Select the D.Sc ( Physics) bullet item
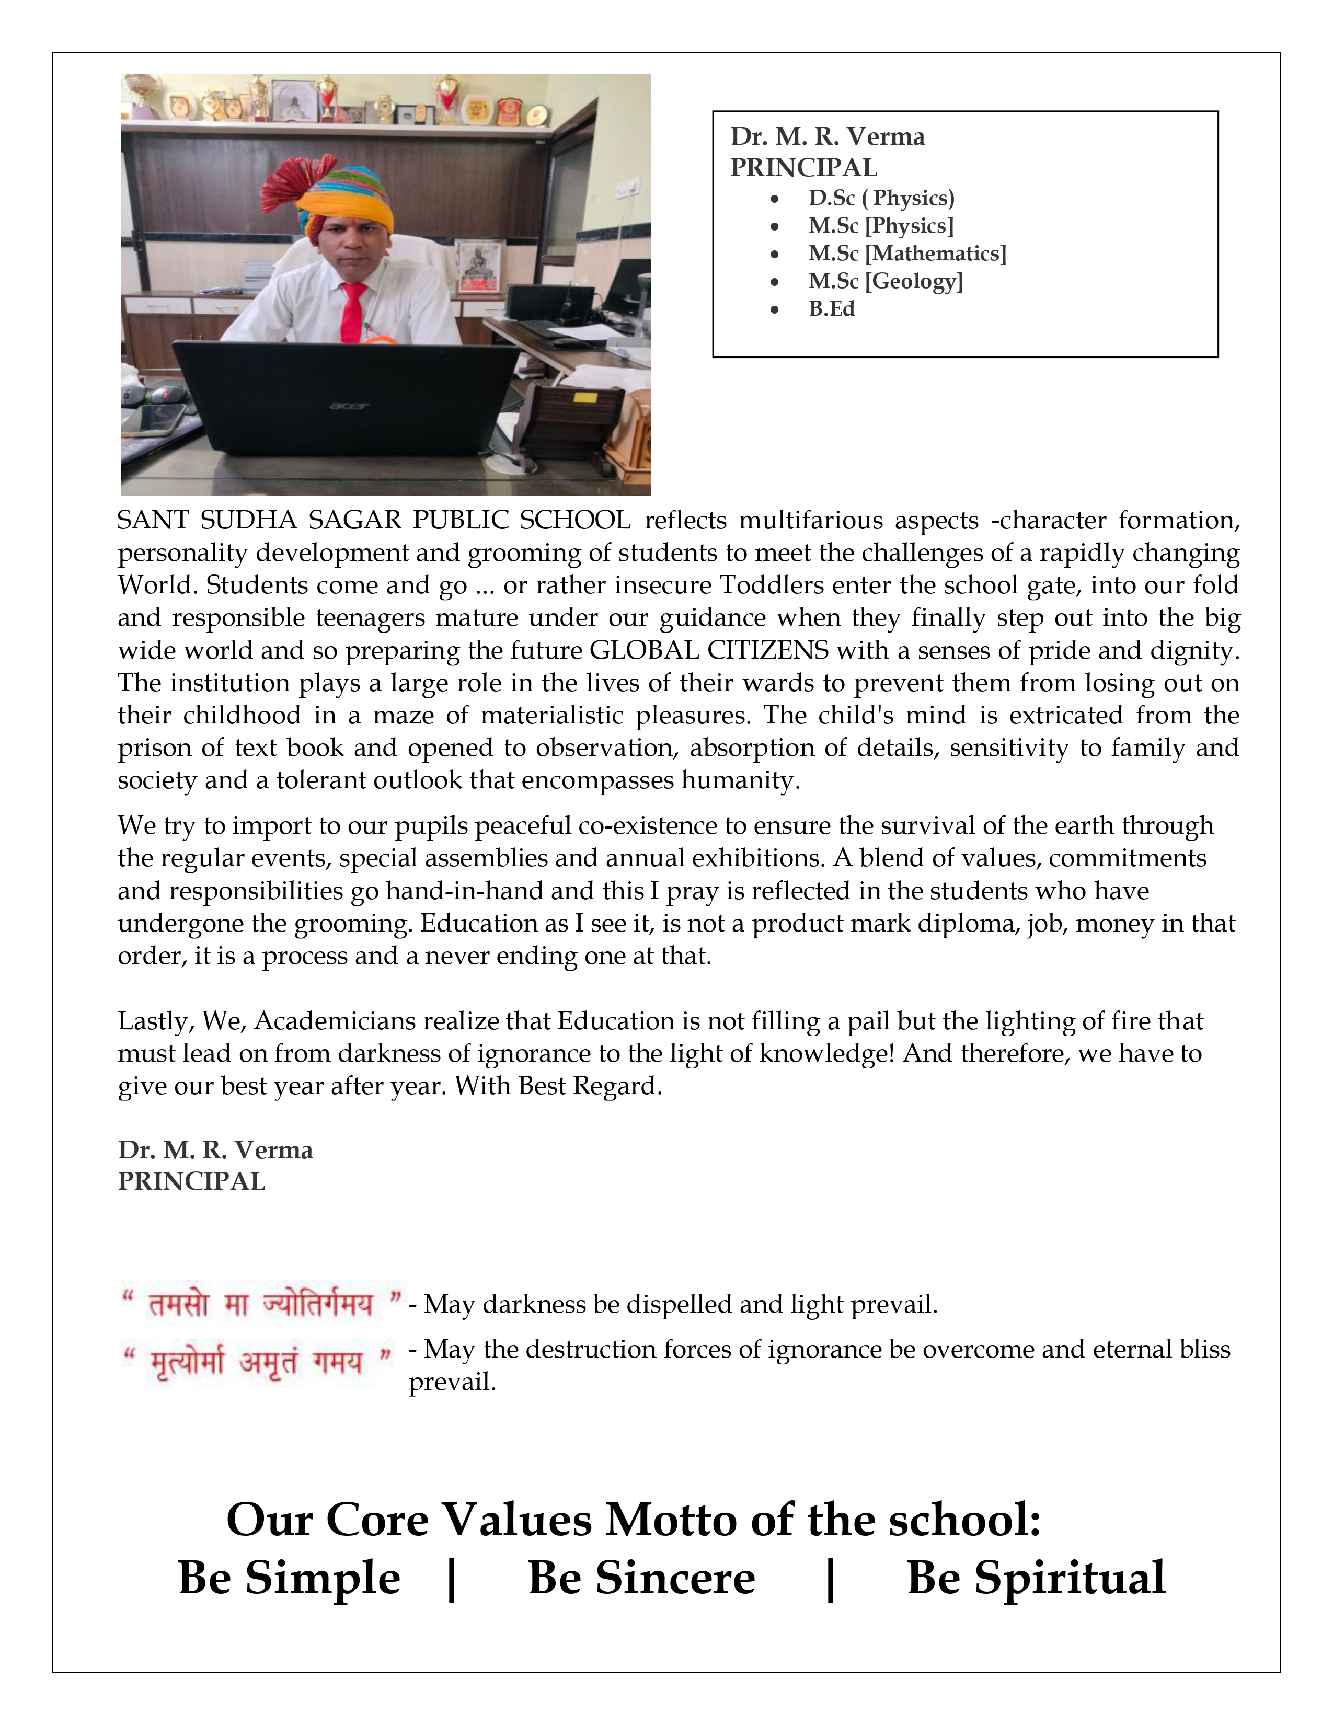(881, 198)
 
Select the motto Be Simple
(289, 1577)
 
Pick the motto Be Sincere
(641, 1577)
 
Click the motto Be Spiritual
(1036, 1577)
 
